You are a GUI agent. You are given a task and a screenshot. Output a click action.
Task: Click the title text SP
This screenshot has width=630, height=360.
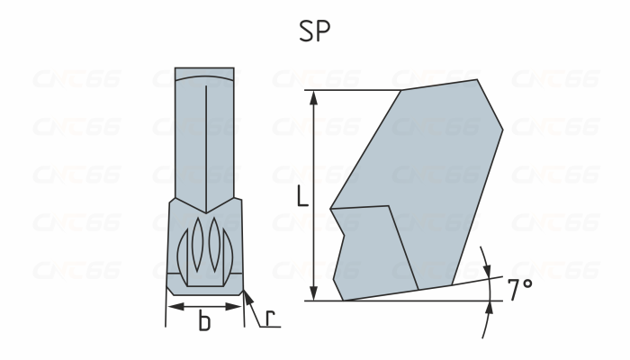[x=315, y=31]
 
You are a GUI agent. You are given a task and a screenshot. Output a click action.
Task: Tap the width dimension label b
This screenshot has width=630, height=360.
[x=204, y=322]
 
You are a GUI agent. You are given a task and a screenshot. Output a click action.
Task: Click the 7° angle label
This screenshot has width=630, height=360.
[x=520, y=290]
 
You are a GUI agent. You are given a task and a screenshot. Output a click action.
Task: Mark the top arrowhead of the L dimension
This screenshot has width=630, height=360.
[x=313, y=95]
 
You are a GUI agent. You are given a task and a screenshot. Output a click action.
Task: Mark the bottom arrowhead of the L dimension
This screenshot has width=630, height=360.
[x=313, y=294]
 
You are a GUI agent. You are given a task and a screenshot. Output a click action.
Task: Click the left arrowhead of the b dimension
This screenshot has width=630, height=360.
[x=172, y=307]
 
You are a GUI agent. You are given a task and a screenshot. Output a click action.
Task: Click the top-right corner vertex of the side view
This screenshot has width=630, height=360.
[x=478, y=80]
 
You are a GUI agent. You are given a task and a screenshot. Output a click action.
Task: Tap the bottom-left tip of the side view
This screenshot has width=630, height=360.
[x=342, y=300]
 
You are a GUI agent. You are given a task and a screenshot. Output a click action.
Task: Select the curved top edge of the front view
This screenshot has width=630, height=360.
[x=204, y=76]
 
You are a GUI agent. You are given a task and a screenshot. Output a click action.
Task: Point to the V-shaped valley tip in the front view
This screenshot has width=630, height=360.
[x=205, y=212]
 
